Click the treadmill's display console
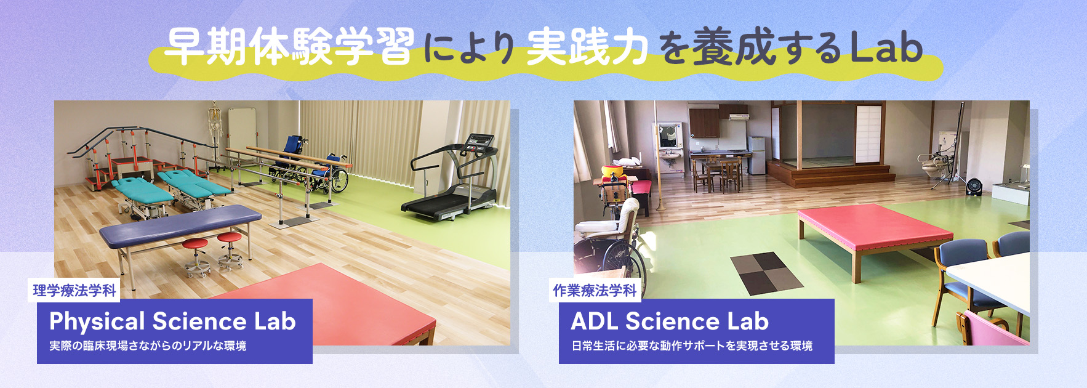(x=480, y=142)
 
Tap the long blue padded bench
(x=180, y=224)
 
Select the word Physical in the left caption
(x=97, y=322)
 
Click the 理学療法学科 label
(x=74, y=290)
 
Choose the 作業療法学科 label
(x=595, y=290)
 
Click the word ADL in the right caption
(x=594, y=321)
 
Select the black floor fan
(x=973, y=186)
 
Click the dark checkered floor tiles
(x=766, y=273)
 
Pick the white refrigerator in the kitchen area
(x=756, y=155)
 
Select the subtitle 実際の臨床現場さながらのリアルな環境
(x=148, y=346)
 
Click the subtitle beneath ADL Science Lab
(x=692, y=346)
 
